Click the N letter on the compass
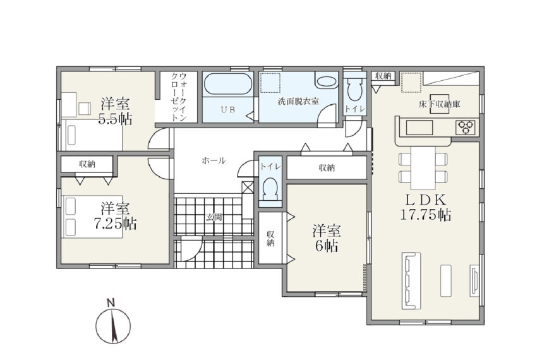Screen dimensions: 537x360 tap(111, 303)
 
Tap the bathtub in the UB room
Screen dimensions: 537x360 tap(227, 83)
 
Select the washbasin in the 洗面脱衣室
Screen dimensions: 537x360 tap(326, 81)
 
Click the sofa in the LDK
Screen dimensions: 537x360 tap(411, 280)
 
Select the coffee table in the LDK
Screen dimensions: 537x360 tap(446, 280)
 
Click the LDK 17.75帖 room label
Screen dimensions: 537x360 tap(425, 207)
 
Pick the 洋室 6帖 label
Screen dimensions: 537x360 tap(326, 238)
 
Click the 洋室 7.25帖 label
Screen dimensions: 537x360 tap(115, 216)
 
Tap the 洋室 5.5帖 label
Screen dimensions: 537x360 tap(115, 111)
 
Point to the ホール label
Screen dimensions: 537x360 tap(214, 160)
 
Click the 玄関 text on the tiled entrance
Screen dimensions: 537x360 tap(214, 217)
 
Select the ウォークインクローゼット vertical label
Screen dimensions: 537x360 tap(179, 97)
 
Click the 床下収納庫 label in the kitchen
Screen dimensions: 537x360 tap(440, 104)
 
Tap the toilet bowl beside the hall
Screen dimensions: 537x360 tap(270, 189)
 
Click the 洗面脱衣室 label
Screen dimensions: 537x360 tap(298, 102)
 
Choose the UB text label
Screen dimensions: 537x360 tap(227, 110)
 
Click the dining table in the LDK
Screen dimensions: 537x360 tap(423, 167)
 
